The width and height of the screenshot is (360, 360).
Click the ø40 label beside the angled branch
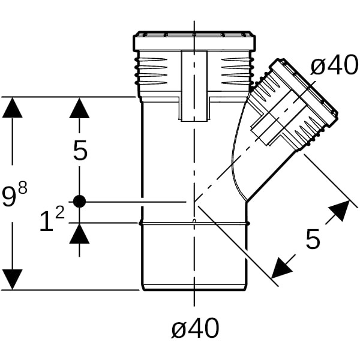334,66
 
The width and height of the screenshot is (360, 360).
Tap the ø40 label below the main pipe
195,328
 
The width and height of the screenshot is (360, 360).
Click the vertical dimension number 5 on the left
80,151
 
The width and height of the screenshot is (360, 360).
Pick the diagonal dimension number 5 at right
313,239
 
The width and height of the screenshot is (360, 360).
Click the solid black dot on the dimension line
79,202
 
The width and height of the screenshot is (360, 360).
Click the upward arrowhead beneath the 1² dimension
79,233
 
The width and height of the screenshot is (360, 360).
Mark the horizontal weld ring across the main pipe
194,223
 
